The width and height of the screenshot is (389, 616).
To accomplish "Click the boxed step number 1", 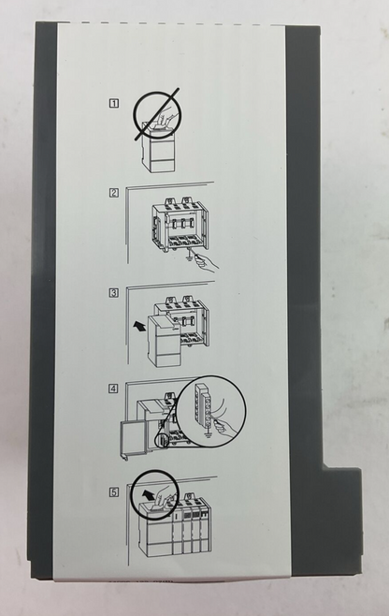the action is (113, 103).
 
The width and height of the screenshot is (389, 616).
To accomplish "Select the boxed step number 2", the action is (114, 193).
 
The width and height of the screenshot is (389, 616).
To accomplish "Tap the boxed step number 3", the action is (114, 293).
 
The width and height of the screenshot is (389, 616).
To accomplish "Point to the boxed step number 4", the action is (114, 389).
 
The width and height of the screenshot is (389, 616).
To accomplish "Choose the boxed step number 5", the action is (114, 491).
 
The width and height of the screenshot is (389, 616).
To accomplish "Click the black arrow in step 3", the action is (138, 325).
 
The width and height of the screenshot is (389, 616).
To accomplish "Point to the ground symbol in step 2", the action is (190, 256).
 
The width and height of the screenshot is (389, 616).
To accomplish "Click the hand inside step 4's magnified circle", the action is (225, 427).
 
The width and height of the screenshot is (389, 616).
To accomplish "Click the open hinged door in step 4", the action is (133, 440).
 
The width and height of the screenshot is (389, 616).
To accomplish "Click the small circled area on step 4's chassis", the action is (162, 440).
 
